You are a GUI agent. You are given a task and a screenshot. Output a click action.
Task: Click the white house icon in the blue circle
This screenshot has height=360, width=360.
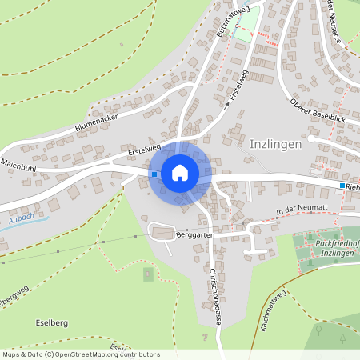(180, 172)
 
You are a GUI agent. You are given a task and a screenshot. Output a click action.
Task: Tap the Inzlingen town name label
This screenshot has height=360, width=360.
(275, 145)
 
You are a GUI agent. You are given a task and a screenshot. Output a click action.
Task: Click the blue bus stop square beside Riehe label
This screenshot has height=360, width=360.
(342, 186)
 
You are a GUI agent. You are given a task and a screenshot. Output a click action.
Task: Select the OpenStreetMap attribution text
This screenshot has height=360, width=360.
(81, 354)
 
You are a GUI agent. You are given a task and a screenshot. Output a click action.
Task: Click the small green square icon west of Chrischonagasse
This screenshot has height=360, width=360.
(147, 274)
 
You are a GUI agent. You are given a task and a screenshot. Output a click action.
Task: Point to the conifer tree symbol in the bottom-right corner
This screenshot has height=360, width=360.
(342, 337)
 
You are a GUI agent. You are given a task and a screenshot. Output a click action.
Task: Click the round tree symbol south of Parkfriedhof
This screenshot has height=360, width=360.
(318, 328)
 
